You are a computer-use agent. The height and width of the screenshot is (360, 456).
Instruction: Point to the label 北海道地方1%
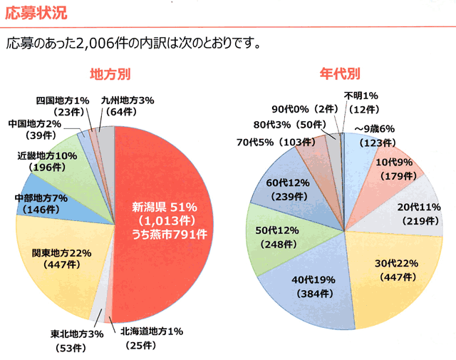[x=151, y=331]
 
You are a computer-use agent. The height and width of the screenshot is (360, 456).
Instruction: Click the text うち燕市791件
[x=168, y=232]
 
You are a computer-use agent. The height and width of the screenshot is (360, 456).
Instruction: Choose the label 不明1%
[x=359, y=96]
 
